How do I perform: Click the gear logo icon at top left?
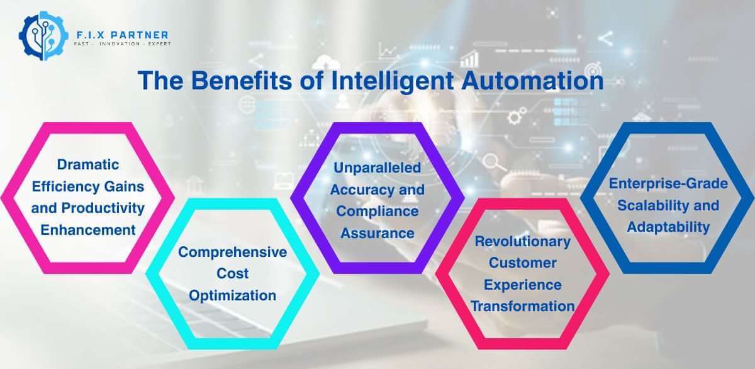(x=42, y=38)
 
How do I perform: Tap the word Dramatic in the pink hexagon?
(x=88, y=165)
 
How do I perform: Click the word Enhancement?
(x=88, y=230)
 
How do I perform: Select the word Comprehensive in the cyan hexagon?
(x=233, y=253)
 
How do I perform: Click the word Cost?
(x=233, y=274)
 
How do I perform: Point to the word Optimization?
(x=233, y=295)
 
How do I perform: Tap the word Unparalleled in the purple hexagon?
(x=377, y=168)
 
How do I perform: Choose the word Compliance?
(x=377, y=212)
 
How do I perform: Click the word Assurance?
(x=377, y=233)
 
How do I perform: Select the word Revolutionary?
(x=523, y=241)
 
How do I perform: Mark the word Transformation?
(x=523, y=306)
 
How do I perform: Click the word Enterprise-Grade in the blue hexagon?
(x=668, y=184)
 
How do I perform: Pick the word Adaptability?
(x=668, y=227)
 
